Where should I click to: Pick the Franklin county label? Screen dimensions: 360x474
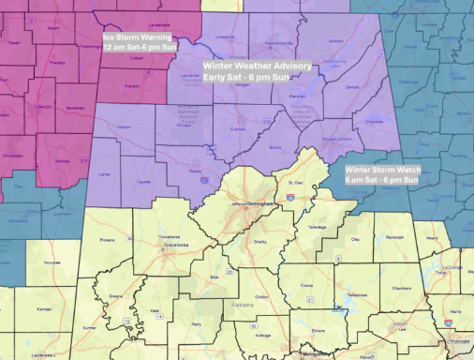click(x=132, y=85)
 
